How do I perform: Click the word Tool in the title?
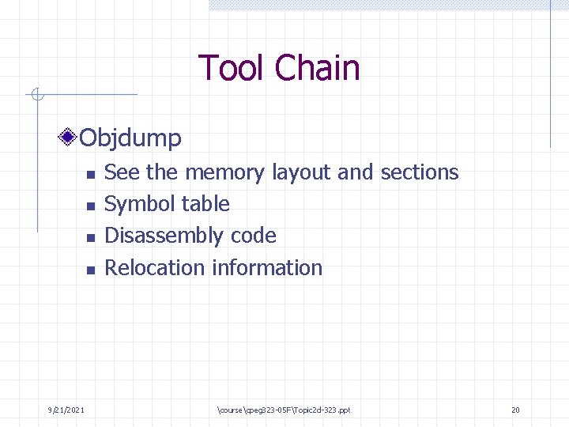(x=232, y=68)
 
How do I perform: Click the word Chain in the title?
(x=318, y=68)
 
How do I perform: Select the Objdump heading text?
(x=131, y=138)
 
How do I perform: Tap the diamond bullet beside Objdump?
(x=70, y=138)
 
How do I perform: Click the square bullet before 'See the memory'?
(x=90, y=174)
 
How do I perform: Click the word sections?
(x=419, y=172)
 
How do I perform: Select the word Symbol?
(x=136, y=204)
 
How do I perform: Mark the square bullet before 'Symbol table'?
(x=90, y=206)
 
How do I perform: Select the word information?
(x=267, y=268)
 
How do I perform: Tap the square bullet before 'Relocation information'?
(x=90, y=270)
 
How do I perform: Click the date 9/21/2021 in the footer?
(x=66, y=410)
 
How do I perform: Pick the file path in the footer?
(x=282, y=410)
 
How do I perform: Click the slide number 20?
(x=515, y=410)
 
